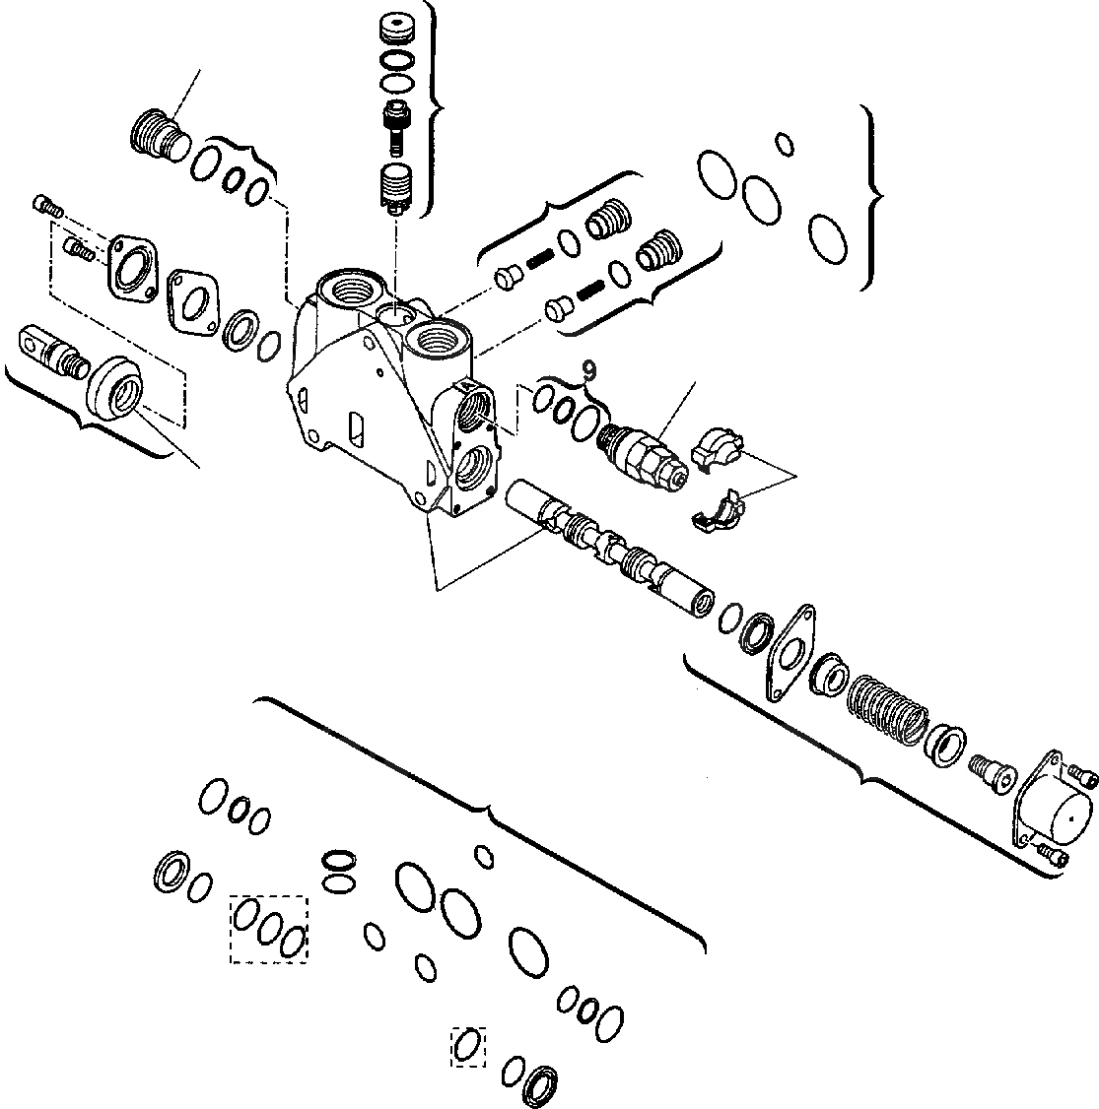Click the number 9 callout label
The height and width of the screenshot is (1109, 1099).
[x=588, y=370]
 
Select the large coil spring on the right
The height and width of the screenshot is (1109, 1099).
[x=886, y=703]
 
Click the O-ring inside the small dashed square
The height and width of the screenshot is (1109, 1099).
[x=469, y=1045]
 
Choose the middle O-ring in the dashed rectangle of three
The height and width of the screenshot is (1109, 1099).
[x=271, y=927]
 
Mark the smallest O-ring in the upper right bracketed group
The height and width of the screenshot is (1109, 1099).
[x=785, y=144]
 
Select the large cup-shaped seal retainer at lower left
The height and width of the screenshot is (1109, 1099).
[x=116, y=389]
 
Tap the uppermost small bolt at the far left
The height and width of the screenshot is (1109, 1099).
[x=47, y=206]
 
